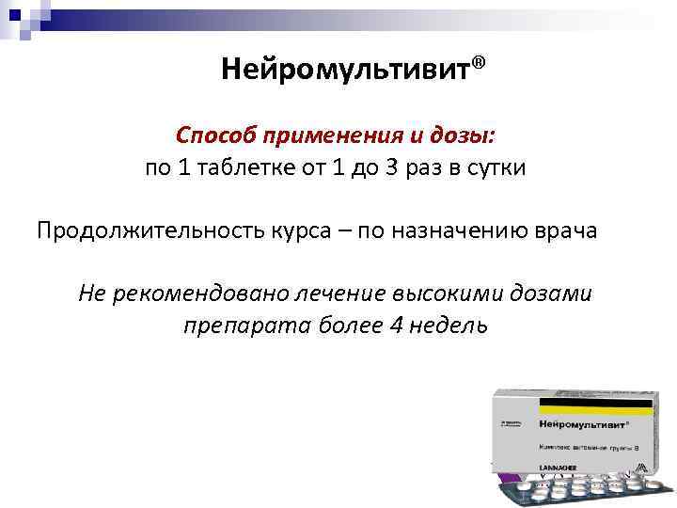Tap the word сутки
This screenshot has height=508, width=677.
point(493,169)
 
